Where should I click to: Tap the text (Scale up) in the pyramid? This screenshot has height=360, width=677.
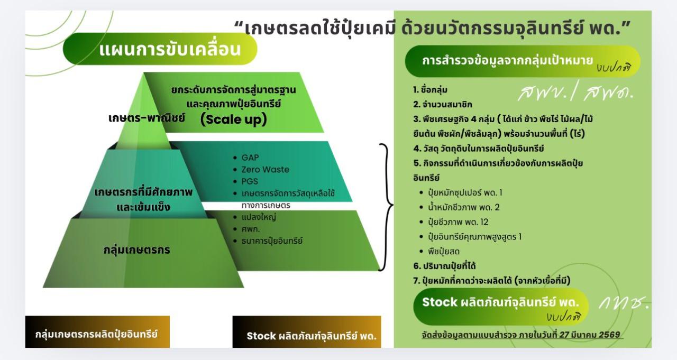pyautogui.click(x=233, y=119)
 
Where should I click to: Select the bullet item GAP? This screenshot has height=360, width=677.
pyautogui.click(x=250, y=158)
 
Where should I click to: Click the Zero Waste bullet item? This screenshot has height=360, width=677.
pyautogui.click(x=265, y=170)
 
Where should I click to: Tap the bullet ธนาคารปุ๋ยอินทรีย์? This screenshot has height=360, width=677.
pyautogui.click(x=271, y=241)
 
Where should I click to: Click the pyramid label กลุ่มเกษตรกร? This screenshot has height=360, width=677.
pyautogui.click(x=137, y=250)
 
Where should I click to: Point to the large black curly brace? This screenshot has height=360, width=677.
pyautogui.click(x=386, y=206)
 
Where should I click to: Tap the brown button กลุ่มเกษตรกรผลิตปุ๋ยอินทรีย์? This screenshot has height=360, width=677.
pyautogui.click(x=97, y=335)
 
